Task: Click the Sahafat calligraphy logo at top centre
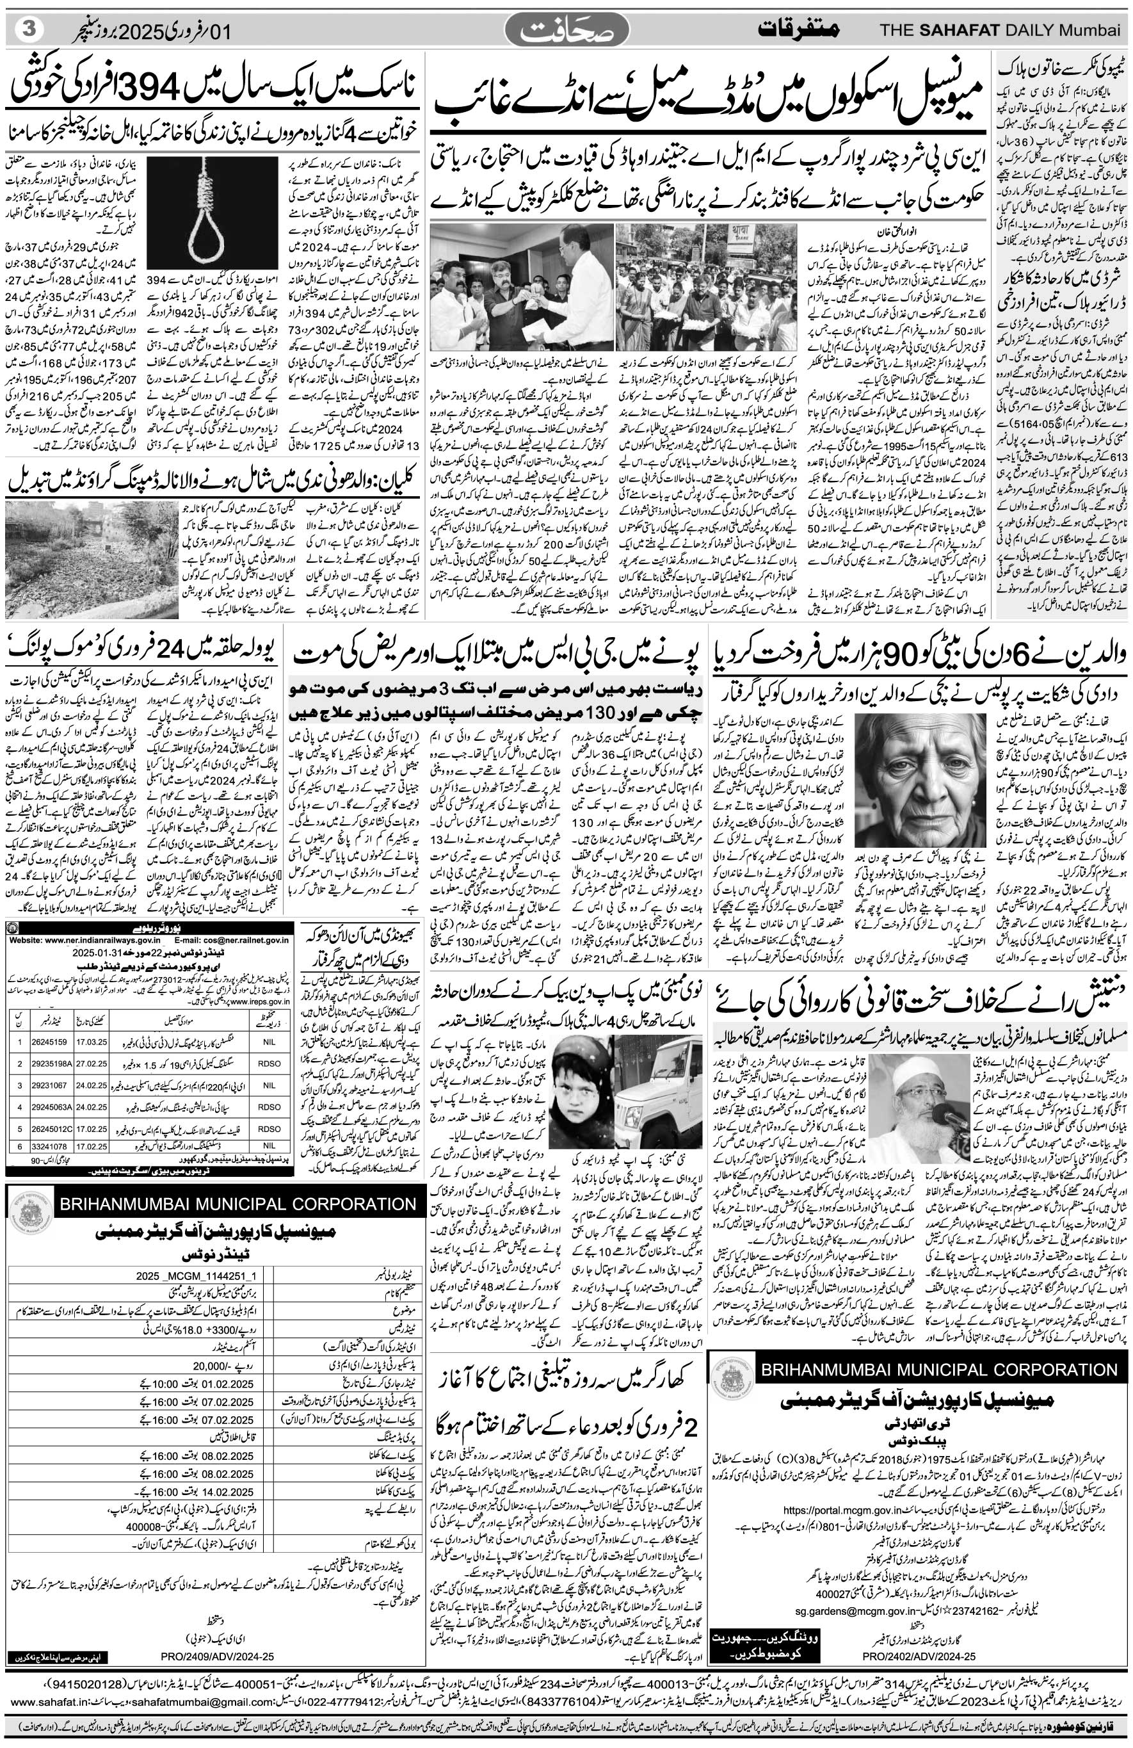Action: click(566, 31)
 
